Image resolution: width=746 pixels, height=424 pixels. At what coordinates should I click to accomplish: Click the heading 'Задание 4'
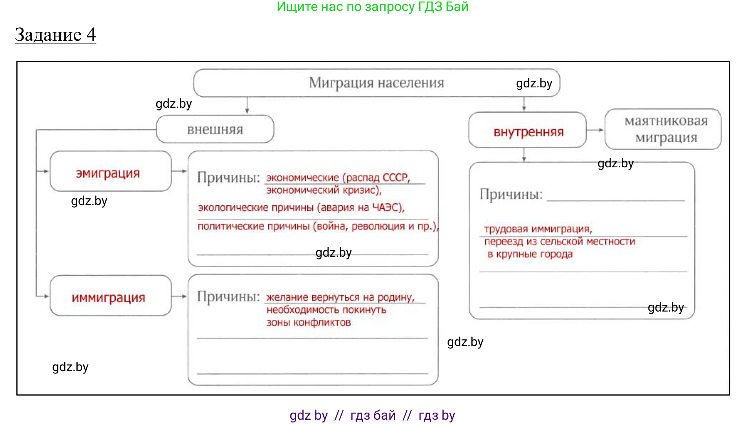point(55,34)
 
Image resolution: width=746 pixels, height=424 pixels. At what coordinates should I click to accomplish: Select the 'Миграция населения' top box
point(376,83)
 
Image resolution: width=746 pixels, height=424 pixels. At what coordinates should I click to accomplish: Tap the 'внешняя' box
point(215,129)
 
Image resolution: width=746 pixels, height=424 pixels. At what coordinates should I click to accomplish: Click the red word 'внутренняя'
point(528,132)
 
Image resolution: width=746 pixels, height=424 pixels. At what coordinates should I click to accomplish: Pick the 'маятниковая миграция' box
point(666,129)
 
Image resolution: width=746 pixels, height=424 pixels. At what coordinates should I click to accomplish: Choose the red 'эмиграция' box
point(108,173)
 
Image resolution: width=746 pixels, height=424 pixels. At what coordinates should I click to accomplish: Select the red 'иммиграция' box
point(109,297)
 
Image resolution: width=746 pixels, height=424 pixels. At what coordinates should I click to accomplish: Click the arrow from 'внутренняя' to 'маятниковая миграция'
point(596,130)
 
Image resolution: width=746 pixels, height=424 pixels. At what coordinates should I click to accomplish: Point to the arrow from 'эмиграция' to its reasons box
point(179,171)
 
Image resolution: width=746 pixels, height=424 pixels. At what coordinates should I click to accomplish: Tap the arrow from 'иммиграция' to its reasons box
point(179,296)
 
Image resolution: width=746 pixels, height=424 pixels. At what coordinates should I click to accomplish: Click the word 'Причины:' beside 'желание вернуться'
point(228,296)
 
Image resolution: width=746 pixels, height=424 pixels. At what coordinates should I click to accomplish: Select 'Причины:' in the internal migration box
point(511,194)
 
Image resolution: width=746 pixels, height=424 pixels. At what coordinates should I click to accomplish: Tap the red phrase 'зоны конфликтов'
point(308,323)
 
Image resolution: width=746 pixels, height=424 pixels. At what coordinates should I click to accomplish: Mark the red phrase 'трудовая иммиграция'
point(538,229)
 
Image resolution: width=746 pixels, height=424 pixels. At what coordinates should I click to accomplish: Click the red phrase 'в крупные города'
point(530,254)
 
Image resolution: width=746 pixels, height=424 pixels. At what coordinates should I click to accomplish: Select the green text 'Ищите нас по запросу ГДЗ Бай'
point(372,7)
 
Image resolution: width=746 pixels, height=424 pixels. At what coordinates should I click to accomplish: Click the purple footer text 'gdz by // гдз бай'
point(342,415)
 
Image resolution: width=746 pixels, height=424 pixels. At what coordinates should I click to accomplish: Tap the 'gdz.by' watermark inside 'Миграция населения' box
point(534,83)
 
